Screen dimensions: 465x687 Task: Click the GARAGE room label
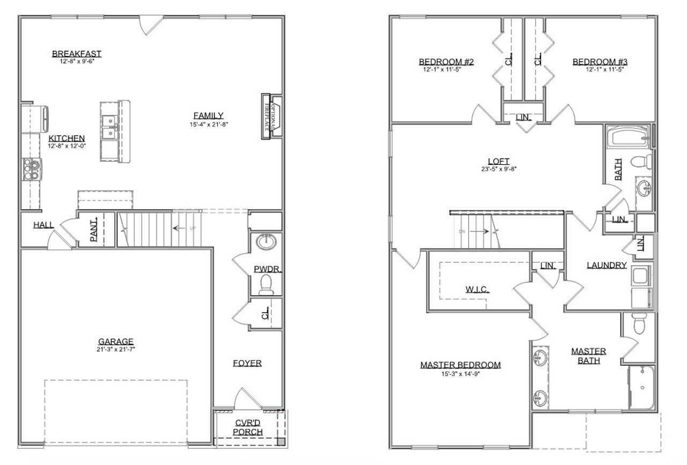[115, 342]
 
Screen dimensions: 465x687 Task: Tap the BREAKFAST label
[77, 54]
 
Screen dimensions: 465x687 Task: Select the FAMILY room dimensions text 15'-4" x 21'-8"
[208, 125]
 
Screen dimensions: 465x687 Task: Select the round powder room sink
[266, 242]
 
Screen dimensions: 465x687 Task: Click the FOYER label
[247, 364]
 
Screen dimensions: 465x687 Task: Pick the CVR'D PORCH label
[249, 427]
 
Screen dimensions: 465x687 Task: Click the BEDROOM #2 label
[446, 62]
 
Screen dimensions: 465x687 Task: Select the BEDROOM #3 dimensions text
[600, 69]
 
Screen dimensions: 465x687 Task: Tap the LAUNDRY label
[606, 265]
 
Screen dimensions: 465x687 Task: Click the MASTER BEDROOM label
[460, 365]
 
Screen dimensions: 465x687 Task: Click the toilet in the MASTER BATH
[639, 322]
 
